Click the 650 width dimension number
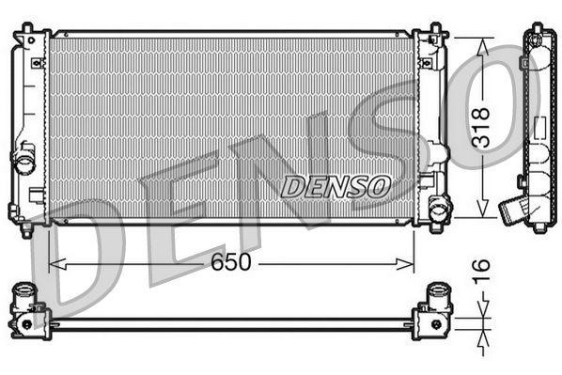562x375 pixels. pos(230,263)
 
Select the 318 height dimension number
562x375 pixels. pos(482,128)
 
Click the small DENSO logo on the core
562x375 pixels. pos(336,186)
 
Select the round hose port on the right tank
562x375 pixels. pos(438,208)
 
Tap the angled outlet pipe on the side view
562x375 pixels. pos(512,208)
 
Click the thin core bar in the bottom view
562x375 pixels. pos(230,324)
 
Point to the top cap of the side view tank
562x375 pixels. pos(539,35)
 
